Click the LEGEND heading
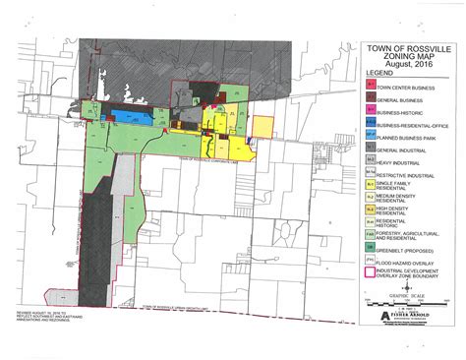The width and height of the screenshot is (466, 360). coord(379,73)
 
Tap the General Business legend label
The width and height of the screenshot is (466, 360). coord(407,98)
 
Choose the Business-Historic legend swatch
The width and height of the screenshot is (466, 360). coord(371,112)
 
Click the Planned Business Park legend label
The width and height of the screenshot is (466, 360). coord(412,140)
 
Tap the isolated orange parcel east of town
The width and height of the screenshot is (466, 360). coord(263,129)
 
